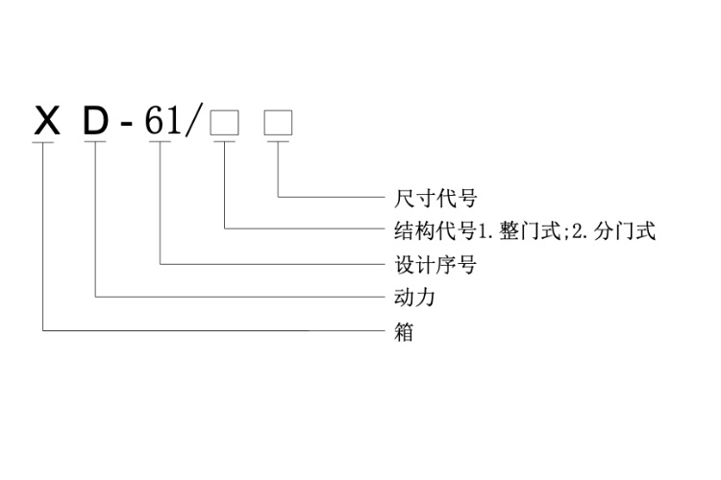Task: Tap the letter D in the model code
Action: pos(96,122)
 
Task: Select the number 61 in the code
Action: pos(160,122)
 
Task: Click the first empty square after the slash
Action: pos(224,123)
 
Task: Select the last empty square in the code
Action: pos(279,123)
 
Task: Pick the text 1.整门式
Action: pos(519,230)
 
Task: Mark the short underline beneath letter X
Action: pos(44,143)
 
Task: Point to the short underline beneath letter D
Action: pos(96,143)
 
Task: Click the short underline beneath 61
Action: pos(160,143)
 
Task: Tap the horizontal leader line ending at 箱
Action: pos(211,331)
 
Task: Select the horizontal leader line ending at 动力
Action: pos(240,298)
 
